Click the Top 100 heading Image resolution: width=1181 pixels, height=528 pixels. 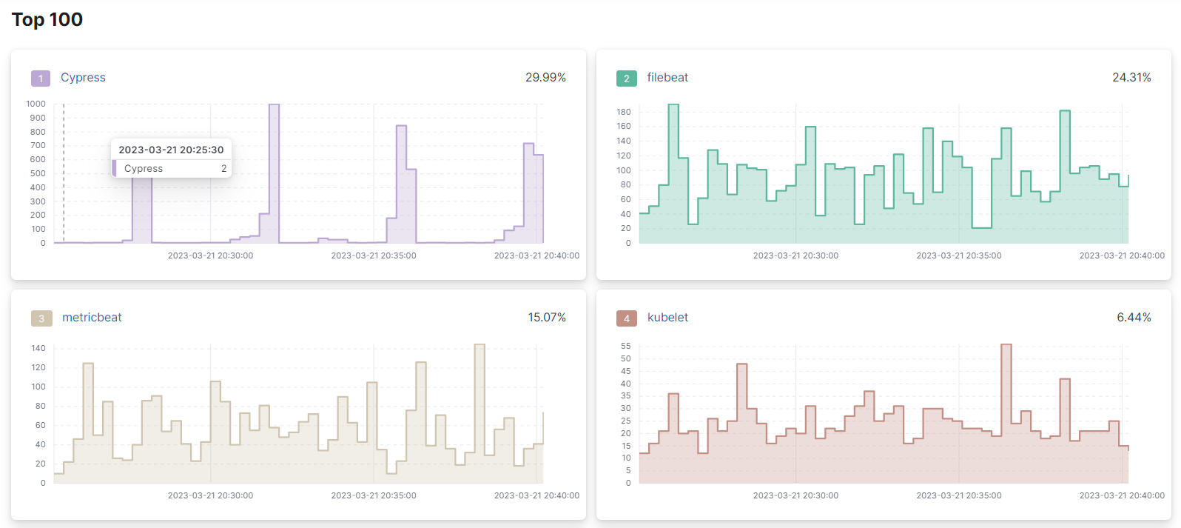(x=47, y=20)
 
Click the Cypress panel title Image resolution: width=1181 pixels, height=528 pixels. (x=83, y=78)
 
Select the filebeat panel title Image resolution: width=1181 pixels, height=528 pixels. (x=667, y=78)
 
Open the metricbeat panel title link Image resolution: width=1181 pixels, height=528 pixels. (x=92, y=318)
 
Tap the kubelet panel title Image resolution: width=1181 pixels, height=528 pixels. (x=667, y=318)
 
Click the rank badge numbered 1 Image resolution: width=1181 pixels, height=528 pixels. (x=41, y=78)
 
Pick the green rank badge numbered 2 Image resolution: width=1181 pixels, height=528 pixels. (x=626, y=78)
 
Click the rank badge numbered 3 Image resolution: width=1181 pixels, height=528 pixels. (x=41, y=318)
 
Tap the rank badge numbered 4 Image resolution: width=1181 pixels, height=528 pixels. (x=626, y=318)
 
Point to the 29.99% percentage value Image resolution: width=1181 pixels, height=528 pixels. (x=545, y=78)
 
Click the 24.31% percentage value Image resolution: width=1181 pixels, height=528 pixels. (x=1131, y=78)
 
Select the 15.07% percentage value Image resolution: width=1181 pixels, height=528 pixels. (x=547, y=318)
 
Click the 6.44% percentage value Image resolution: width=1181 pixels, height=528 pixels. (x=1134, y=318)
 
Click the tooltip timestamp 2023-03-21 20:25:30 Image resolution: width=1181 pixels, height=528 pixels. (x=171, y=150)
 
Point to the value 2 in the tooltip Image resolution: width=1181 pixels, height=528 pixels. (x=223, y=169)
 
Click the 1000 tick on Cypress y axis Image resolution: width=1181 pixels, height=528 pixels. (x=36, y=104)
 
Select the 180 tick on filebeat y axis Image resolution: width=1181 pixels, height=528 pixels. (x=623, y=113)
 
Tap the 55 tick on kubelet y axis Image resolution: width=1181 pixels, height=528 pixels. (x=625, y=347)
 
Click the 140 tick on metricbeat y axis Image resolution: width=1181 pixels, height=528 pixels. (x=38, y=349)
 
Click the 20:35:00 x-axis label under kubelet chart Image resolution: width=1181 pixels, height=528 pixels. (x=958, y=495)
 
